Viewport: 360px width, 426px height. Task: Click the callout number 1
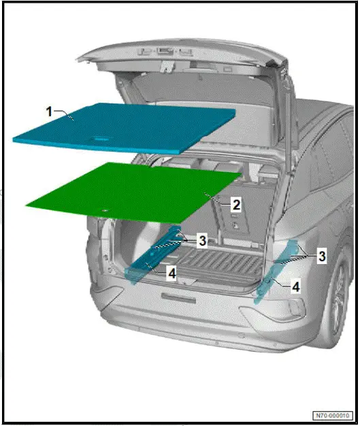click(x=49, y=112)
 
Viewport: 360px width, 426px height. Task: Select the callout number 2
click(x=235, y=203)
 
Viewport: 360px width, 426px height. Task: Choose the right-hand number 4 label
click(x=295, y=287)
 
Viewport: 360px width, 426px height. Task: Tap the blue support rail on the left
click(x=153, y=259)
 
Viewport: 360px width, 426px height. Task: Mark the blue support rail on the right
click(x=275, y=272)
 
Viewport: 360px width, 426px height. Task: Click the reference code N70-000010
click(x=333, y=415)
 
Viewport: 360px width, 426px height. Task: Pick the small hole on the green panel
click(x=105, y=210)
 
